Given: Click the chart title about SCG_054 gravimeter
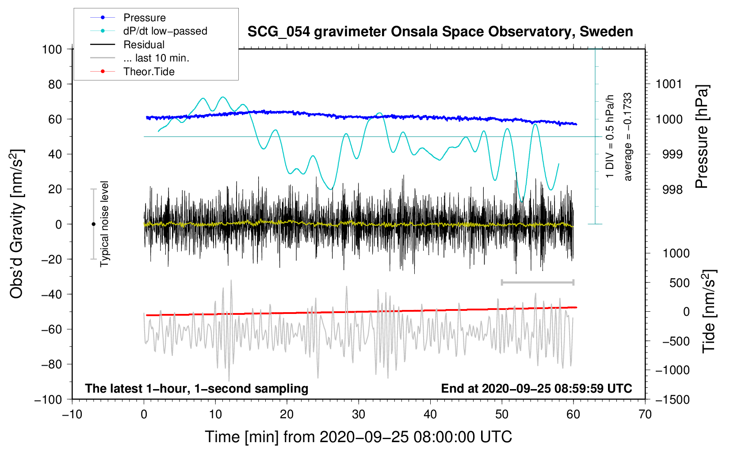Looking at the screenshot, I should (440, 32).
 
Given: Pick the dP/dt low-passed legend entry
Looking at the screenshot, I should (165, 31).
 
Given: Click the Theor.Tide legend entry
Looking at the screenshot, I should (149, 72).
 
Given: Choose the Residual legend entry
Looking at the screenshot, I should (144, 45).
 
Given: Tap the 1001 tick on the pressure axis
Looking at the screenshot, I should (669, 84).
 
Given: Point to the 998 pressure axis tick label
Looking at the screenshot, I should (672, 190).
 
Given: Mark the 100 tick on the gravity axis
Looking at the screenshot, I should (52, 49).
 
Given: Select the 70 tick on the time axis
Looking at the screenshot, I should (645, 414).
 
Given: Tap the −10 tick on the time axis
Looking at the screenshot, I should (72, 414).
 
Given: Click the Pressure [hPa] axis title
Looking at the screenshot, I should (702, 137).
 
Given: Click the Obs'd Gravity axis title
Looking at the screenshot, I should (16, 224).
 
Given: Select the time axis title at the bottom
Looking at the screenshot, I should (358, 437).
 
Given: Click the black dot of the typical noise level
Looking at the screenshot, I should (93, 224).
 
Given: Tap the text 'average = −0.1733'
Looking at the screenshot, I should (628, 137).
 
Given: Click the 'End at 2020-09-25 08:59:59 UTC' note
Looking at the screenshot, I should (536, 388).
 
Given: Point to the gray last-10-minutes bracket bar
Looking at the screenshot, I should (537, 282).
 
